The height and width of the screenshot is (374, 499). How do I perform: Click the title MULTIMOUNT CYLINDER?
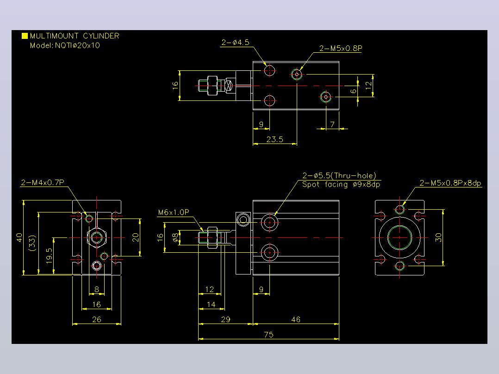[75, 36]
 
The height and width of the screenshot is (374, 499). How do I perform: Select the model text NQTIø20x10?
[77, 45]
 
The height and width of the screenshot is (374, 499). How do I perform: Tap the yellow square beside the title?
[25, 36]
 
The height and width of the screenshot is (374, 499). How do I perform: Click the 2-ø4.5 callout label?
[236, 42]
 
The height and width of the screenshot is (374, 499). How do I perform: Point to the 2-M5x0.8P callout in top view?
[341, 48]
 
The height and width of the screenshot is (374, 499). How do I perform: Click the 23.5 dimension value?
[274, 139]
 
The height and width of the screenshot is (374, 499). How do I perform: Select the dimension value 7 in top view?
[332, 125]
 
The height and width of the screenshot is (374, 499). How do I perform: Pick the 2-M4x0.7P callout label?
[43, 182]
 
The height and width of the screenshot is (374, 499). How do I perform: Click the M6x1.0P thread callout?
[174, 212]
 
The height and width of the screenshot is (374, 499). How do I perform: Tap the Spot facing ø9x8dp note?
[341, 185]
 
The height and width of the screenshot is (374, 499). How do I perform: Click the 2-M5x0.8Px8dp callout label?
[450, 183]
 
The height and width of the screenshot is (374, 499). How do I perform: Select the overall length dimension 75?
[268, 335]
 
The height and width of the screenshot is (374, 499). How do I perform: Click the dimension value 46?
[296, 319]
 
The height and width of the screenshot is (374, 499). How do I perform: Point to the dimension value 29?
[225, 319]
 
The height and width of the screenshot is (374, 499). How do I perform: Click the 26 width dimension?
[96, 319]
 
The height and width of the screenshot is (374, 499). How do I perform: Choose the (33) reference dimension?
[32, 243]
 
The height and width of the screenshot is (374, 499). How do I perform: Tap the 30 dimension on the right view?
[438, 237]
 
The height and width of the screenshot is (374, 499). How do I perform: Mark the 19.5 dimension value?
[49, 256]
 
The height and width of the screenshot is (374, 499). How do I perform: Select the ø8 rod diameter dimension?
[175, 237]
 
